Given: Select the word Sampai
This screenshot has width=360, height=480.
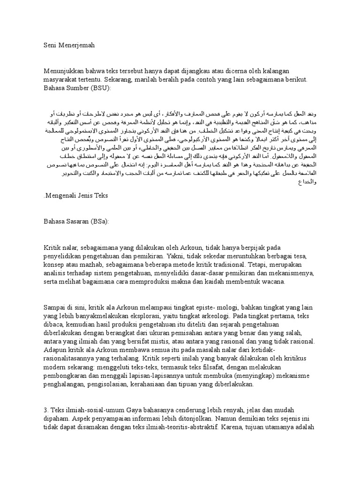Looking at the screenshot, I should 54,307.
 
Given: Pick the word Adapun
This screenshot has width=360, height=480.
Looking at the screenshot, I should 55,351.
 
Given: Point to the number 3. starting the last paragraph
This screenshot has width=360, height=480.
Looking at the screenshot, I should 46,410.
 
